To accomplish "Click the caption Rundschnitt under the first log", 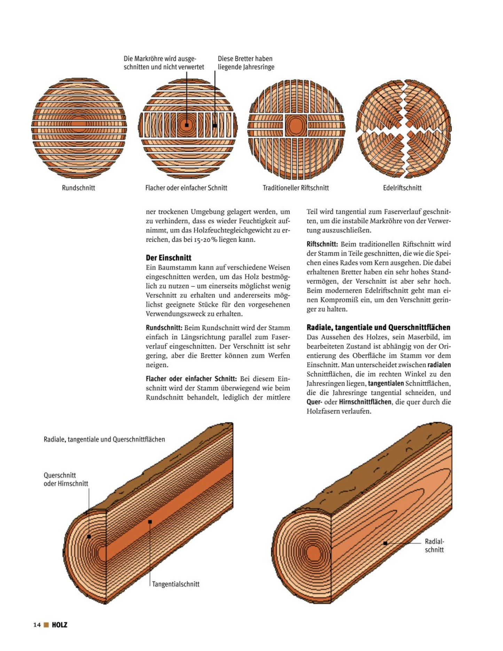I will click(x=78, y=188).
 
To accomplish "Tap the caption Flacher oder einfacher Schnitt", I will click(x=186, y=188).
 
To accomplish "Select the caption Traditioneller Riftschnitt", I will click(x=296, y=188).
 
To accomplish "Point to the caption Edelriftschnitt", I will click(x=402, y=188).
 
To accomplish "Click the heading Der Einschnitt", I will click(x=168, y=258).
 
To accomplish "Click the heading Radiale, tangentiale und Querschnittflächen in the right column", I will click(x=378, y=328).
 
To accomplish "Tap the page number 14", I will click(x=37, y=625).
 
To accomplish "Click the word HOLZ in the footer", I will click(x=60, y=625).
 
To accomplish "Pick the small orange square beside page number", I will click(x=46, y=625).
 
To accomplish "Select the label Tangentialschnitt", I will click(x=176, y=584).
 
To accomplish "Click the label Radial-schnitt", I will click(x=434, y=546).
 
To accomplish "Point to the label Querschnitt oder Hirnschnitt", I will click(x=66, y=479).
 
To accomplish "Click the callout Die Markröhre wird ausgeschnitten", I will click(x=164, y=63).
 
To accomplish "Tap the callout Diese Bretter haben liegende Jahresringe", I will click(x=246, y=63).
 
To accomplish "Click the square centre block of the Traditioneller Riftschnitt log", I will click(x=296, y=125).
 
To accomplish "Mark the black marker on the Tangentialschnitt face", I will click(x=150, y=522).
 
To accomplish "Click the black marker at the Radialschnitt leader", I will click(x=385, y=543).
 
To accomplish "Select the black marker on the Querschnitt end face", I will click(x=89, y=536).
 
